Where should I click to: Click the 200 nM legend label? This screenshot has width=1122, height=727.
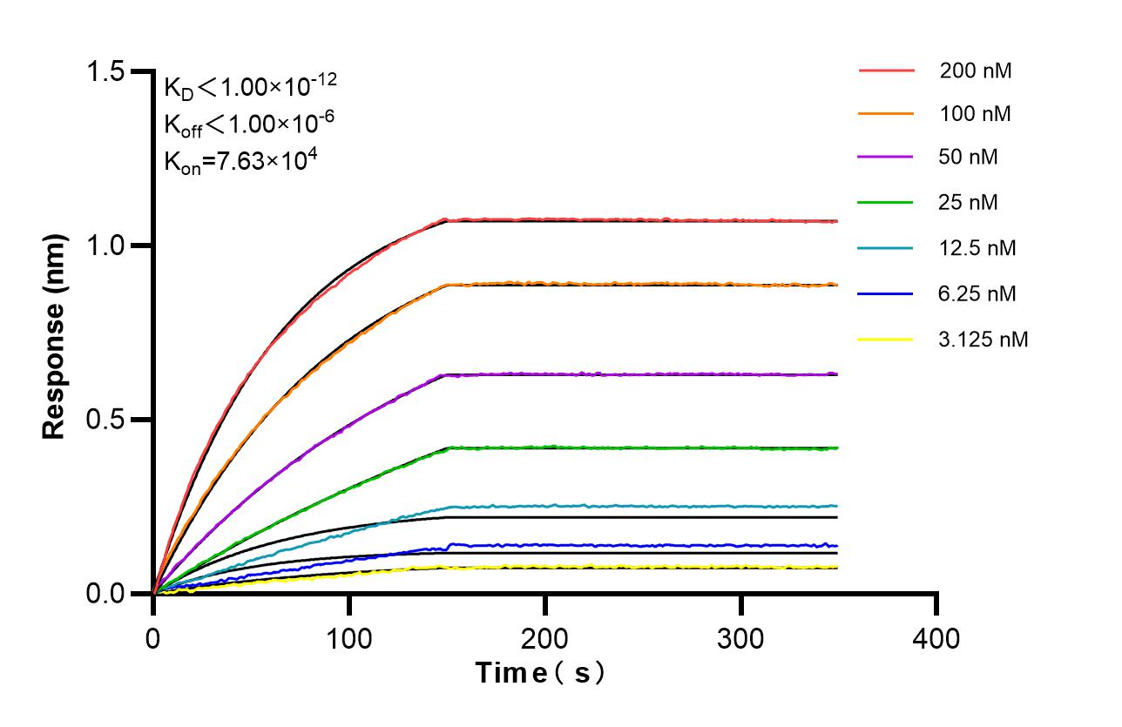click(975, 71)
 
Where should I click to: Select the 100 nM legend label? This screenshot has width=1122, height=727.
click(975, 113)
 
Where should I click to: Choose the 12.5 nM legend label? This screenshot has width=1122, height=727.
click(977, 248)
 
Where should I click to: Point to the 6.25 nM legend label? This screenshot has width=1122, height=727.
click(977, 293)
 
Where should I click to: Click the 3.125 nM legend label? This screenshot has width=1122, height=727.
click(983, 339)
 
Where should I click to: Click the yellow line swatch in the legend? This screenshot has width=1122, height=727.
click(886, 339)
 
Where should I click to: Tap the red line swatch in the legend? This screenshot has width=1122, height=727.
click(886, 71)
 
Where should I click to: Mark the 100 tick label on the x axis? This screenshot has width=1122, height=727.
click(349, 639)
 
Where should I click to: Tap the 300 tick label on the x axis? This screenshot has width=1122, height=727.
click(740, 639)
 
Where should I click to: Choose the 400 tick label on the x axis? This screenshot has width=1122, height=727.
click(936, 639)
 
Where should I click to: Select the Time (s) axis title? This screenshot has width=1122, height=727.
click(540, 673)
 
